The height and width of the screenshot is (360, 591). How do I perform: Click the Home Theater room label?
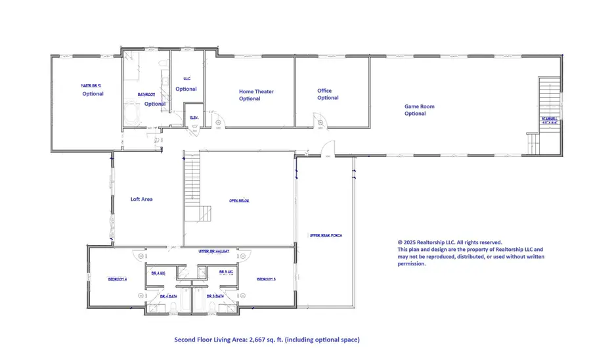tap(256, 92)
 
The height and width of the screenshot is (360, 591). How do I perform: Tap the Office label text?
tap(324, 91)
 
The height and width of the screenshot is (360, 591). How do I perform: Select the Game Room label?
tap(418, 106)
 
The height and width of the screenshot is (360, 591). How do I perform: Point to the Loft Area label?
tap(141, 199)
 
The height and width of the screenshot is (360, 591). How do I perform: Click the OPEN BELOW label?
tap(239, 201)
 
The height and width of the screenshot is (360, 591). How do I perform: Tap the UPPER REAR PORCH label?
tap(326, 235)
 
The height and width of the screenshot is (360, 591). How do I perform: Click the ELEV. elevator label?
tap(194, 118)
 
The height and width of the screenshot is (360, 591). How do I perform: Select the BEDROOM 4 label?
tap(117, 279)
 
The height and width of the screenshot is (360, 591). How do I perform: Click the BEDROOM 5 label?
tap(266, 279)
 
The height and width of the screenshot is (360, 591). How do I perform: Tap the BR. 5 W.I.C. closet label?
tap(225, 271)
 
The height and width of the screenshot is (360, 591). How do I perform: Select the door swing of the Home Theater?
tap(221, 122)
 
